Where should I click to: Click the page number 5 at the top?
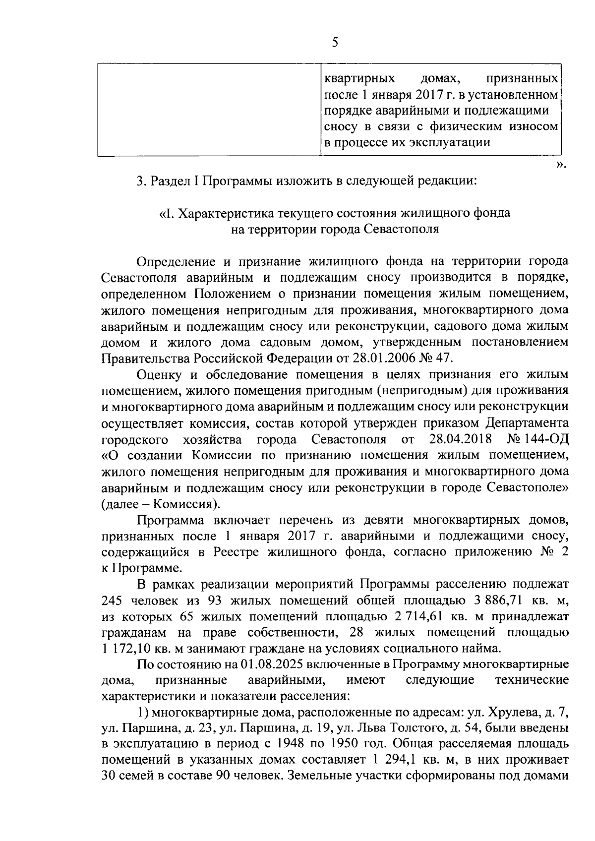tap(335, 43)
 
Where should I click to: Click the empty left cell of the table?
tap(209, 110)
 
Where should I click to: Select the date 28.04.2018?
tap(459, 439)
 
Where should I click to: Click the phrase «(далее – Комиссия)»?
tap(161, 504)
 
